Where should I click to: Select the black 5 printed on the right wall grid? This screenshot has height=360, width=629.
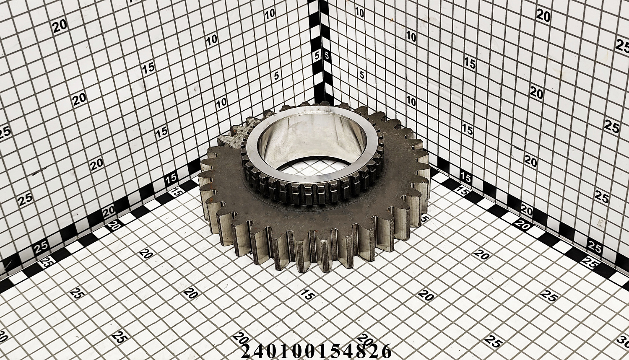361,75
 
